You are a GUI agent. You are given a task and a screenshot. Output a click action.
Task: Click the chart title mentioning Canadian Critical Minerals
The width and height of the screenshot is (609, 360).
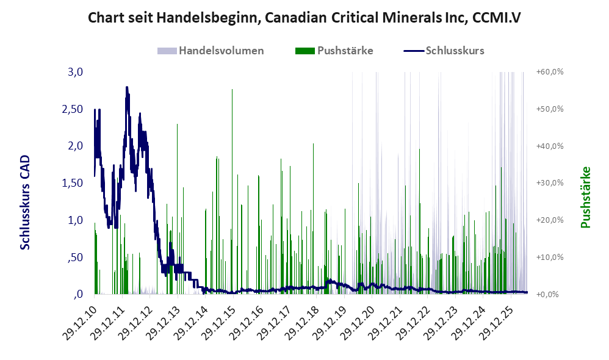(304, 18)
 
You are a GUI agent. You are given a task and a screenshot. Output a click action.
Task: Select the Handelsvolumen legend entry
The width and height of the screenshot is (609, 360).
(211, 51)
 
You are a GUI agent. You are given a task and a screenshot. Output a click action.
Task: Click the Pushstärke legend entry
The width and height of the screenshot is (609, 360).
(334, 51)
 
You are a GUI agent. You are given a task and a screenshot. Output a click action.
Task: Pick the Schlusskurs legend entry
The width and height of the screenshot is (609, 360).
(444, 51)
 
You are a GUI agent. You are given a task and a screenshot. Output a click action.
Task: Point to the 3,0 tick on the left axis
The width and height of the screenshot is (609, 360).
(75, 72)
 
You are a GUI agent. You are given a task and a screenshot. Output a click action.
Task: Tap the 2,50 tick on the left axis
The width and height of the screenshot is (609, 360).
(73, 109)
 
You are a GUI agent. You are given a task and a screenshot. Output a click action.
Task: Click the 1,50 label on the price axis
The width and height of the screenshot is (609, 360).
(73, 183)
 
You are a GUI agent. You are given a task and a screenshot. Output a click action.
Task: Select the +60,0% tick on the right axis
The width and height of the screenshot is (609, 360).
(550, 72)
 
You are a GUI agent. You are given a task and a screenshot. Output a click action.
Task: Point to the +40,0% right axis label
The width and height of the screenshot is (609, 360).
(550, 146)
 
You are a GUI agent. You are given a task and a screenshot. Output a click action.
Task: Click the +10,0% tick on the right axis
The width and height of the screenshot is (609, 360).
(550, 257)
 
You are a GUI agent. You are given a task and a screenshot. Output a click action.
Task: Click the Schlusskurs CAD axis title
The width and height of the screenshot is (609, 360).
(25, 203)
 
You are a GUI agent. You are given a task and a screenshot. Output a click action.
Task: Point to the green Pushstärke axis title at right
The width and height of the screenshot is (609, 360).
(585, 197)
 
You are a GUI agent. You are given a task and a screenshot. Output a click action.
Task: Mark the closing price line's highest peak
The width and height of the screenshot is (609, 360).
(126, 87)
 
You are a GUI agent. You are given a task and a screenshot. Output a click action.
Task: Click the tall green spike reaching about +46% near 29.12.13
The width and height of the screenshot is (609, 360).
(177, 209)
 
